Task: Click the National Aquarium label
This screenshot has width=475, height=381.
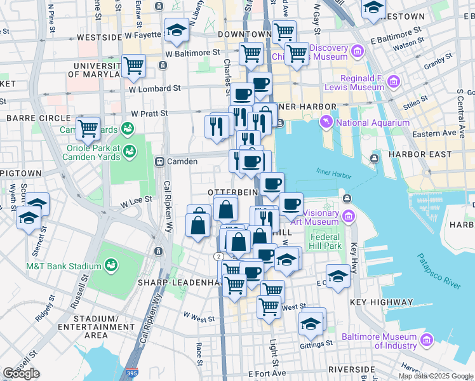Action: [x=373, y=123]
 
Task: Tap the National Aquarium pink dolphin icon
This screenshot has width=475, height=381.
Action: [x=326, y=121]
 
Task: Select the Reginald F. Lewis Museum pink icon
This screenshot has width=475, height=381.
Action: [x=394, y=81]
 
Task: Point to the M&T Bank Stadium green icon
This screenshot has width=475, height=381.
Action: [x=111, y=264]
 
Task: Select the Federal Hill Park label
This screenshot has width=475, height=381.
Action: [x=326, y=241]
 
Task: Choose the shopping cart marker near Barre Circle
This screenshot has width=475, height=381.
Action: [x=88, y=128]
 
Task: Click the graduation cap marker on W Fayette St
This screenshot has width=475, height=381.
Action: [x=176, y=30]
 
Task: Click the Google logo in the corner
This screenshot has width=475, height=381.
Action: [x=21, y=373]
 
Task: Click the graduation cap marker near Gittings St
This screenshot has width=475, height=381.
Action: [x=311, y=323]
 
